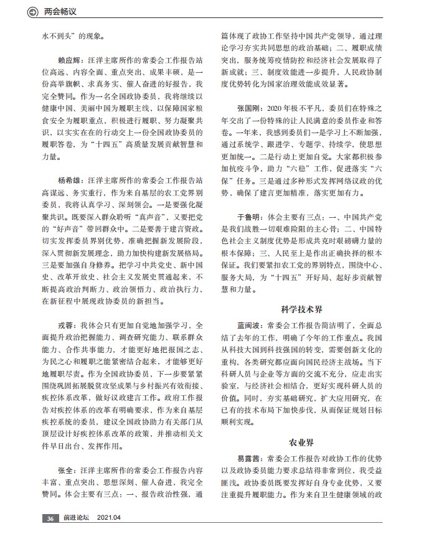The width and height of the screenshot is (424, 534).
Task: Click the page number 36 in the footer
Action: (50, 518)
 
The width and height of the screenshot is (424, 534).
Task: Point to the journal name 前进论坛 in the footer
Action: (77, 518)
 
